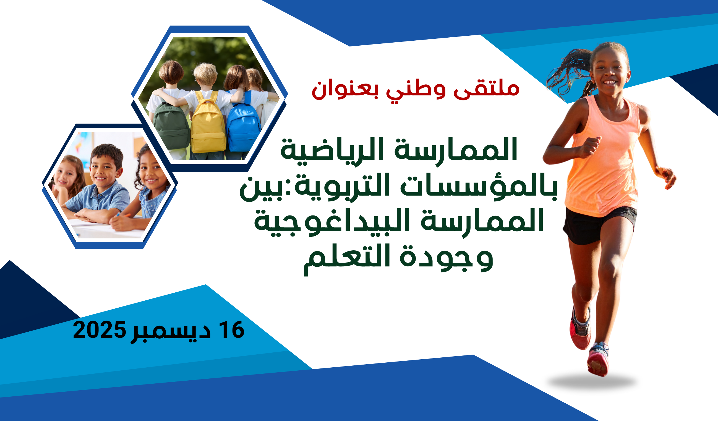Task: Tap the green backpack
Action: [x=171, y=125]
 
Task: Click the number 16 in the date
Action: [x=233, y=329]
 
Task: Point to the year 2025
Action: [x=99, y=329]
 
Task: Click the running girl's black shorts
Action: [x=600, y=225]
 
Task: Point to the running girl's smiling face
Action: [x=610, y=71]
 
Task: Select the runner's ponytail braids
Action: [x=570, y=71]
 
